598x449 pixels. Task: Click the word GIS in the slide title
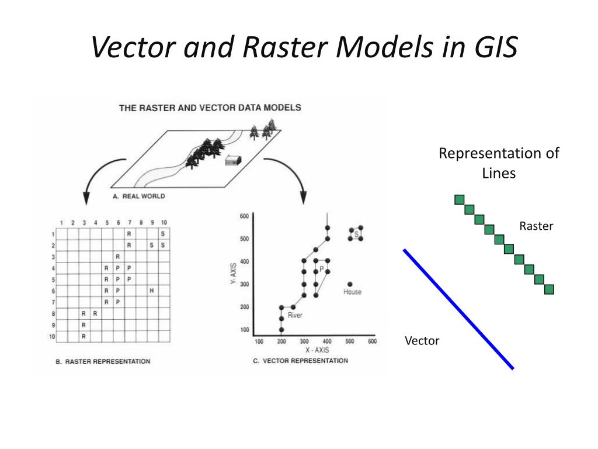[x=491, y=47]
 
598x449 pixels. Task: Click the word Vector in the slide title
[x=131, y=47]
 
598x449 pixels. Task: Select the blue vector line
[x=458, y=309]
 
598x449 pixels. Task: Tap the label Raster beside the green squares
[x=536, y=226]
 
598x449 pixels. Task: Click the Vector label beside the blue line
[x=422, y=341]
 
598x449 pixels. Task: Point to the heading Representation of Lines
[x=499, y=163]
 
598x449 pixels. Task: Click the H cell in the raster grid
[x=151, y=291]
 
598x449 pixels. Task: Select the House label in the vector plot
[x=352, y=292]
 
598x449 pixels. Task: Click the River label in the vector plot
[x=294, y=316]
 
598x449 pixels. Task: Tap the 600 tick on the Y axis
[x=244, y=216]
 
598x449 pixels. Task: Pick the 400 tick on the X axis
[x=327, y=341]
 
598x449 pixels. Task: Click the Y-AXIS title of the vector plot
[x=231, y=273]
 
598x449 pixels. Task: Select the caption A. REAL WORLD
[x=139, y=196]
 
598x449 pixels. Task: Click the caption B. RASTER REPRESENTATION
[x=103, y=361]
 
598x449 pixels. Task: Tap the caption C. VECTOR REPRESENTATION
[x=300, y=361]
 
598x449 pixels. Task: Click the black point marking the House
[x=350, y=284]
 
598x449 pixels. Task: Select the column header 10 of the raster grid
[x=164, y=223]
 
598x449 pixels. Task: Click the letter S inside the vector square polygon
[x=356, y=233]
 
